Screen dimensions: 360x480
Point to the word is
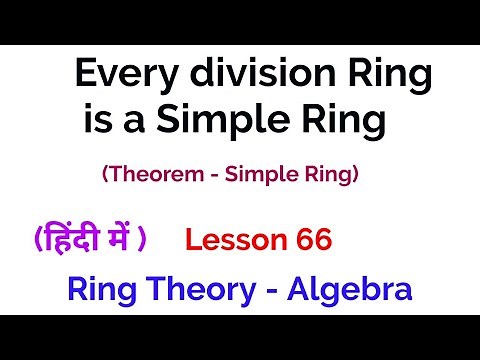[96, 121]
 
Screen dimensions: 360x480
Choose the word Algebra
[348, 290]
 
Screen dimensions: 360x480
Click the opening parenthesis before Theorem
[104, 175]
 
